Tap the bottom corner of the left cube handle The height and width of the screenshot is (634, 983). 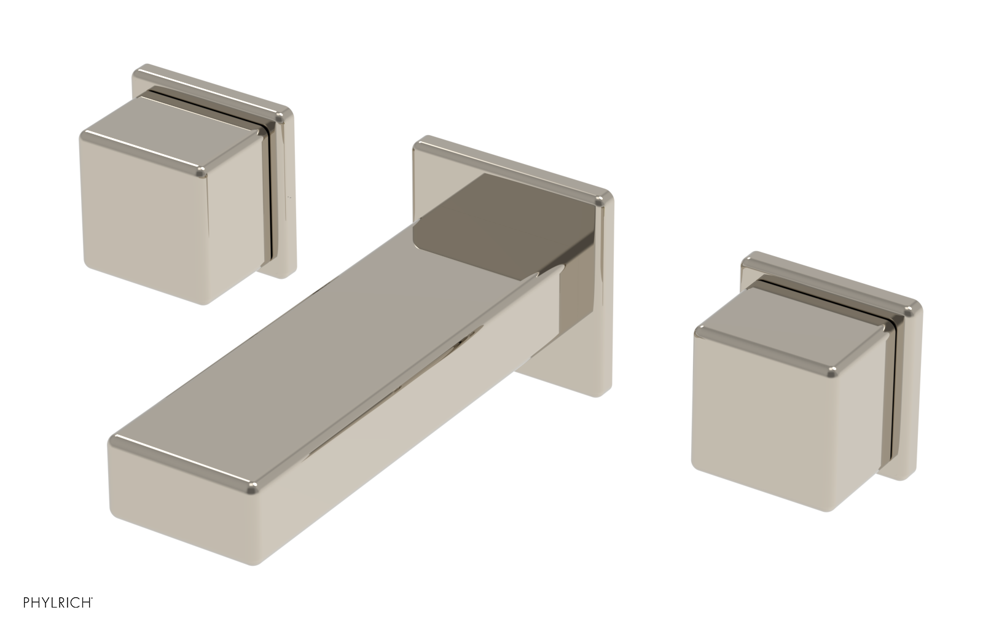(x=206, y=301)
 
